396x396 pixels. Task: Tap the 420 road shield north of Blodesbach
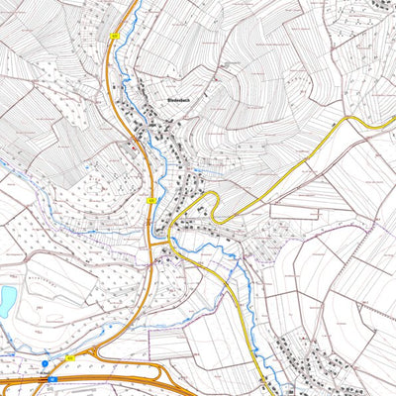click(x=115, y=35)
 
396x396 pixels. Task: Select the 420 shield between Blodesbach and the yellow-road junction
click(x=151, y=200)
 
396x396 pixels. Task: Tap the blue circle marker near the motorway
click(x=45, y=363)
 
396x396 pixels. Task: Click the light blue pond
click(x=7, y=297)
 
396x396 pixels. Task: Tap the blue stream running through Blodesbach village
click(x=147, y=148)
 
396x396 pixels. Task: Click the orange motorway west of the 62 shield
click(x=20, y=379)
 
